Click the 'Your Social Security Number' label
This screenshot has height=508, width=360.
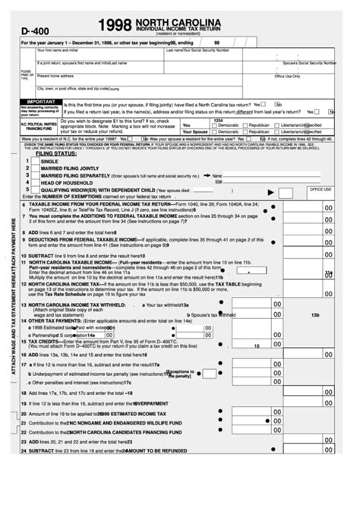[219, 50]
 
